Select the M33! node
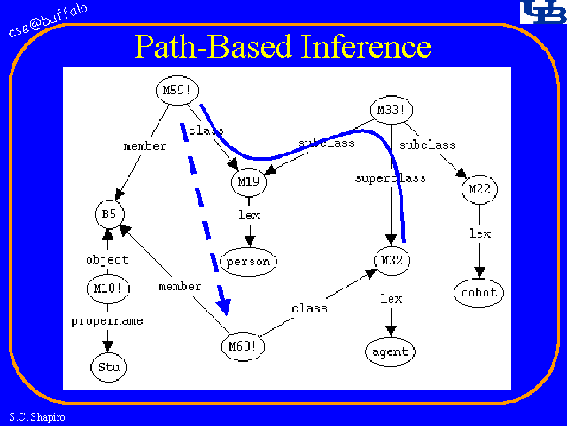pos(391,111)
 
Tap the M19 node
pos(249,183)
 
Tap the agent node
pos(391,351)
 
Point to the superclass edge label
pos(390,177)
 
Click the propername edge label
pos(106,320)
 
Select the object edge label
pos(107,259)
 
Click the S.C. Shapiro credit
pos(33,416)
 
